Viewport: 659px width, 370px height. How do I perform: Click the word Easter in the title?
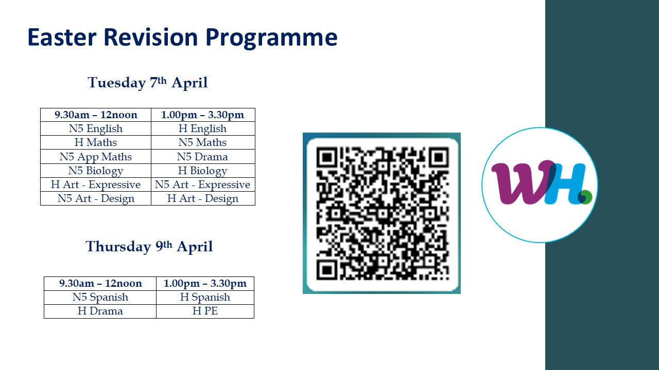coord(62,38)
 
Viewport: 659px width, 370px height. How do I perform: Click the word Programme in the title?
coord(271,39)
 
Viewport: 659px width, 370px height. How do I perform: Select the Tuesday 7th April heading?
coord(148,83)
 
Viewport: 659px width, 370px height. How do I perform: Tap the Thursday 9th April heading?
coord(149,246)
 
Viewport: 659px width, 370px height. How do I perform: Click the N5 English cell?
coord(96,128)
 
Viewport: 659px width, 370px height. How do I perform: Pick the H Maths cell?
coord(96,142)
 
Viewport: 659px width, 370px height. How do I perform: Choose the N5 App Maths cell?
coord(96,157)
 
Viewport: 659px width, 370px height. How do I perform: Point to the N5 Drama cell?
coord(203,157)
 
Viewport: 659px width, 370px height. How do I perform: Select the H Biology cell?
coord(203,171)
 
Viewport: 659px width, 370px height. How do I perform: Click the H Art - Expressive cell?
coord(96,184)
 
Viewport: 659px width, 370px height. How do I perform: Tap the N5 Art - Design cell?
coord(96,198)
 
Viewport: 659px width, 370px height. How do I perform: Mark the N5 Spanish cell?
coord(100,297)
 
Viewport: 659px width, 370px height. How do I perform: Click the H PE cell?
coord(205,311)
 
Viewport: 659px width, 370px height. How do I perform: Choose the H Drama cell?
coord(100,311)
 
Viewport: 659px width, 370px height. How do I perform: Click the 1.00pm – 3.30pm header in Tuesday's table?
coord(203,115)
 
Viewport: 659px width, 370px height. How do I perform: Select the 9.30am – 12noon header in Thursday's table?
coord(100,283)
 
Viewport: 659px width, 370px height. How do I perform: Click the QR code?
coord(382,213)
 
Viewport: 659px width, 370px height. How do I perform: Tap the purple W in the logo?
coord(522,182)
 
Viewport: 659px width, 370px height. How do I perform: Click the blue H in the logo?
coord(565,183)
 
